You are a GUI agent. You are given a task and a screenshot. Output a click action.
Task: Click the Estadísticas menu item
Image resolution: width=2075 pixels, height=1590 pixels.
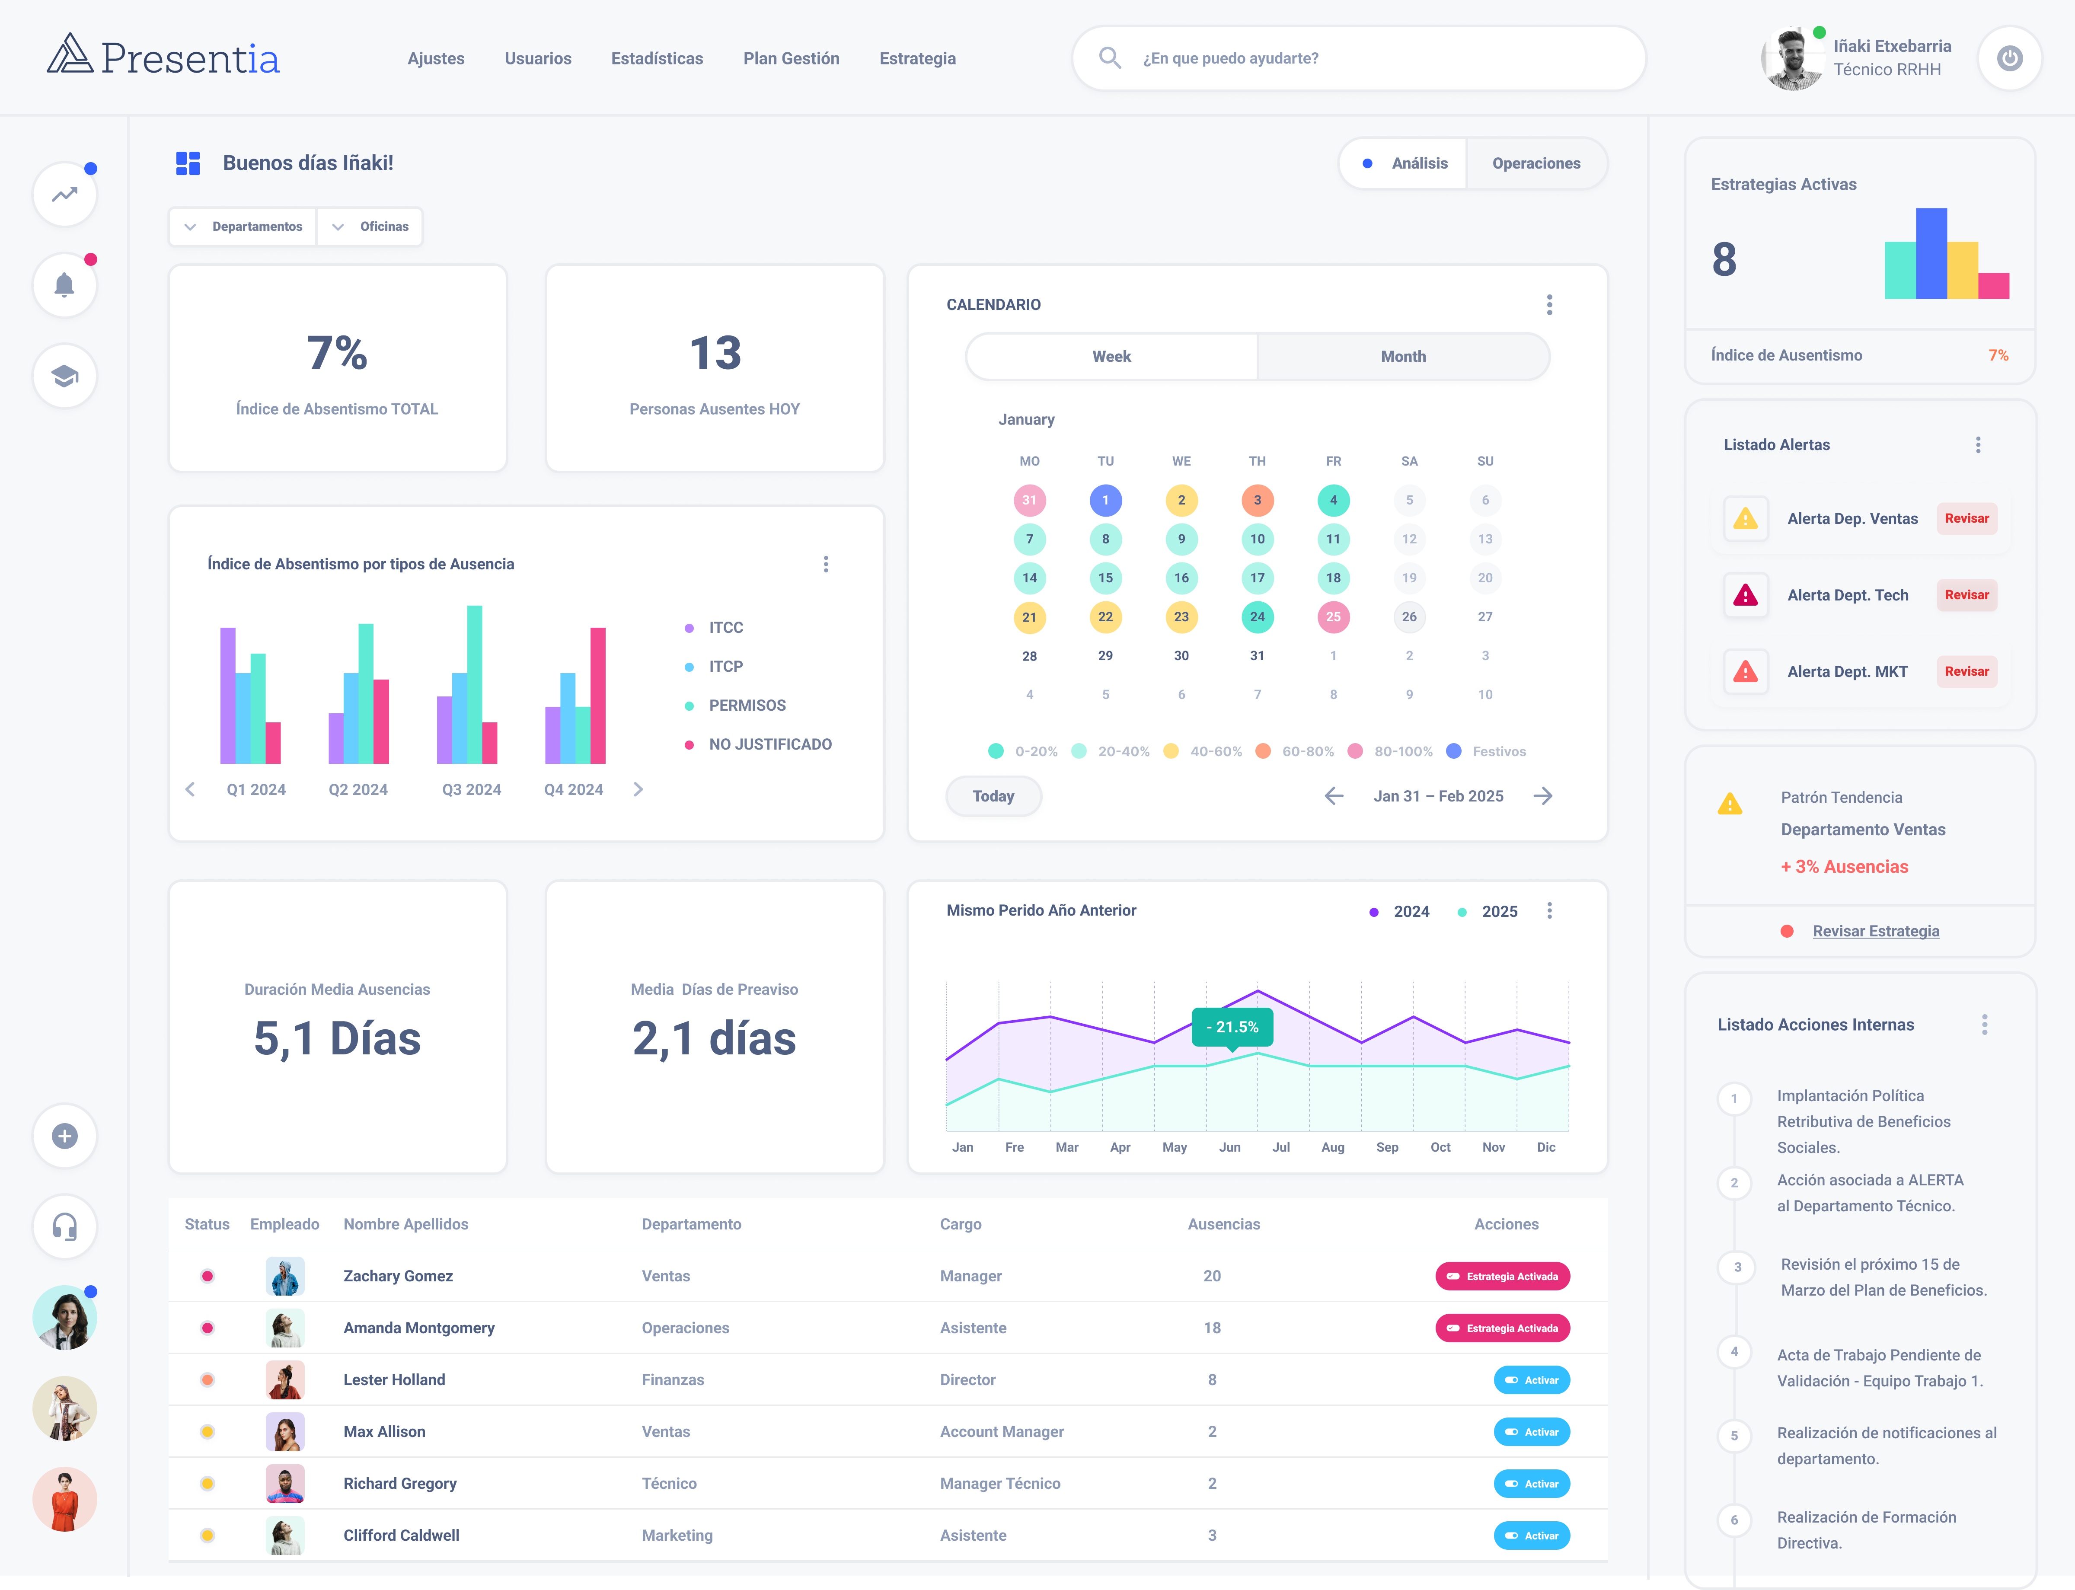pos(657,59)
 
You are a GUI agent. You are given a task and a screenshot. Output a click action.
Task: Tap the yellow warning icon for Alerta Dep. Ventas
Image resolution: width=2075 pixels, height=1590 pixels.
pos(1745,519)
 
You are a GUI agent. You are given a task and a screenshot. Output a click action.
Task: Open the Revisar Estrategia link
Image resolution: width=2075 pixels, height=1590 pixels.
pos(1875,931)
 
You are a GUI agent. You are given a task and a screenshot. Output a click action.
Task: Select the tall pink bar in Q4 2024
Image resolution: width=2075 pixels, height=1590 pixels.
pos(598,696)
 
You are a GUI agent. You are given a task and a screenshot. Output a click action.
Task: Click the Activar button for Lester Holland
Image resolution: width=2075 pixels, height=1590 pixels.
pos(1531,1380)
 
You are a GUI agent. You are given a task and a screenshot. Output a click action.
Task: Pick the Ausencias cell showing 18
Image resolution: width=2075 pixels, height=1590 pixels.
pos(1211,1328)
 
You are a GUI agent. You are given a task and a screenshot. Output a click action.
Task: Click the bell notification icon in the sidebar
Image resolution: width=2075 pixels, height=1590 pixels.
pos(64,285)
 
